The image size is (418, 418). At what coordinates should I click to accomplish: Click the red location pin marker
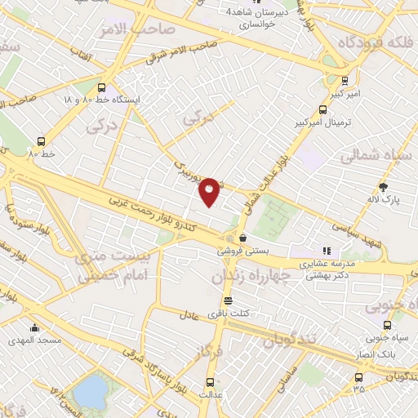click(x=210, y=191)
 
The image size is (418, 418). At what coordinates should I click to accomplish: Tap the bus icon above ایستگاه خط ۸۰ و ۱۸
click(x=100, y=87)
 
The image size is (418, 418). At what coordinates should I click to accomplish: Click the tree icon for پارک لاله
click(x=384, y=188)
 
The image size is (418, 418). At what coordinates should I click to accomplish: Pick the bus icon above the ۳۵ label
click(x=358, y=377)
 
